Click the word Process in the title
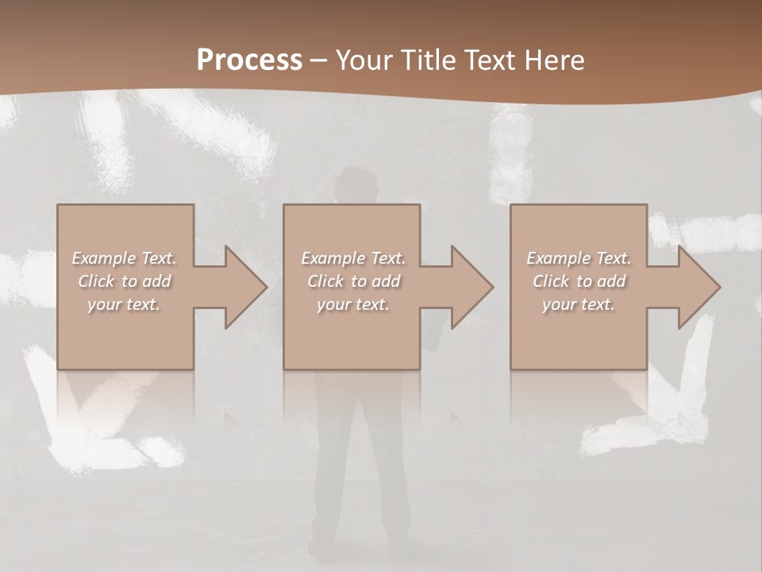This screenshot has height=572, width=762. click(249, 60)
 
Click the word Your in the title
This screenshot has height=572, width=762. click(363, 60)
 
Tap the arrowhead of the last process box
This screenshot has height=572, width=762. click(698, 287)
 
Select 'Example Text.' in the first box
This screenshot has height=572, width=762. click(124, 258)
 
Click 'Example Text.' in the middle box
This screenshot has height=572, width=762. click(352, 258)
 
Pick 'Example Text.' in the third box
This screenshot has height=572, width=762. click(579, 258)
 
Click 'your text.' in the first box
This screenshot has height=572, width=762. click(124, 304)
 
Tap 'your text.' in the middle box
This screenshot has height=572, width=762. click(352, 304)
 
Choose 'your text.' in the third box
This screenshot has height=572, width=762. click(579, 304)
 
